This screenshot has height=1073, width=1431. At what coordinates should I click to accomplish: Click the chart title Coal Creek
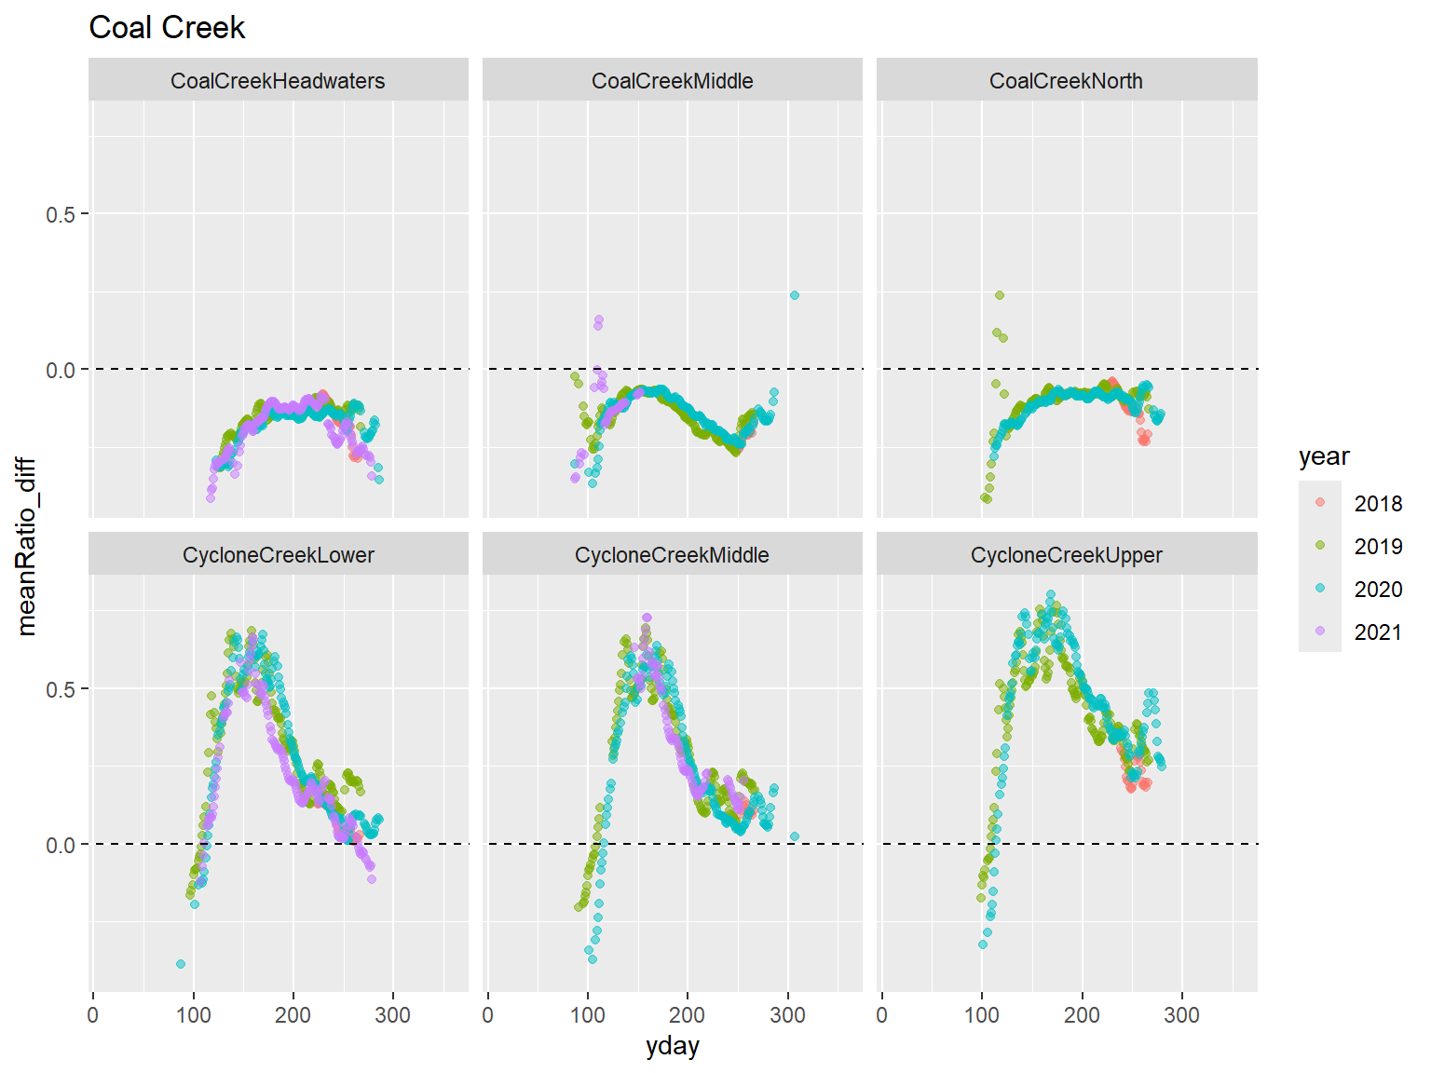(167, 28)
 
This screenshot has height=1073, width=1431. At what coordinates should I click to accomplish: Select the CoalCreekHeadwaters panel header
(278, 81)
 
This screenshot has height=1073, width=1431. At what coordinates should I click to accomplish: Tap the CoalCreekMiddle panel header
(672, 81)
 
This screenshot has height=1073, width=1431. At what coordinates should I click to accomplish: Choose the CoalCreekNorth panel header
(1066, 81)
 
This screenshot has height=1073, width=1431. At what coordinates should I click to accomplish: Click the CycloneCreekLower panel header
(278, 555)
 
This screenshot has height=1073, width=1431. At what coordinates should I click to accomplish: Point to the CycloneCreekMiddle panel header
(672, 555)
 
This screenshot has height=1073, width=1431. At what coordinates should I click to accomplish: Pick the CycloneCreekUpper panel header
(1066, 555)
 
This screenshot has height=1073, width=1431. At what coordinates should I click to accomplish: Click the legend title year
(1324, 456)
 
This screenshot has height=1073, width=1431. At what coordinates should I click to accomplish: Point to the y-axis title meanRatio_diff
(27, 546)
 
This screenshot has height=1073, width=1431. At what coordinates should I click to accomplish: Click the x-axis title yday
(672, 1047)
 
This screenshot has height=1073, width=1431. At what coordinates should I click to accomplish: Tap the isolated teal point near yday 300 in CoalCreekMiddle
(795, 295)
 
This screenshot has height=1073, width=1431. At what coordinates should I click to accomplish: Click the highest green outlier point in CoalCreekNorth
(1000, 295)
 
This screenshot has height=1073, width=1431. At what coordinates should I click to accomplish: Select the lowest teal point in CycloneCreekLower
(181, 964)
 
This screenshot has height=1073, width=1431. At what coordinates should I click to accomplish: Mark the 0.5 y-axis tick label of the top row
(61, 214)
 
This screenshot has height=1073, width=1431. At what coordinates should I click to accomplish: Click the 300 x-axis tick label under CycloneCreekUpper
(1181, 1015)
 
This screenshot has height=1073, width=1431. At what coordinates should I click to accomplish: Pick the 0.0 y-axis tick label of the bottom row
(61, 845)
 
